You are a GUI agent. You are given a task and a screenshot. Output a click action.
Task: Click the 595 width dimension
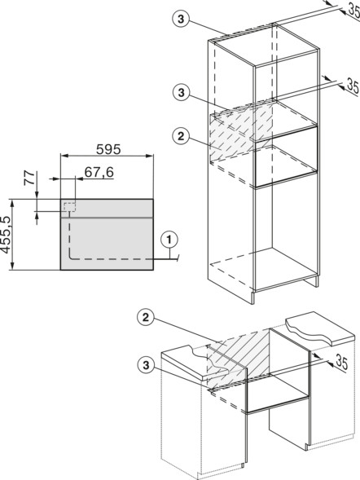[108, 149]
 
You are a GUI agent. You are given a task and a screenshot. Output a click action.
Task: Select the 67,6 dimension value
[99, 172]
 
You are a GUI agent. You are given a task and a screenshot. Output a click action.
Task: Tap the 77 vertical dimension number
[29, 178]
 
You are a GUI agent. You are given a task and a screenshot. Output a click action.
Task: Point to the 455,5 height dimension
[6, 234]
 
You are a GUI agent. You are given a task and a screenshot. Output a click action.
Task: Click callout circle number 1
[169, 240]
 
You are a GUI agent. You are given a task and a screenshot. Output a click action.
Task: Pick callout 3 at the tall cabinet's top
[181, 20]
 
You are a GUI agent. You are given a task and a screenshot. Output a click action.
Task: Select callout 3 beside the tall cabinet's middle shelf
[181, 92]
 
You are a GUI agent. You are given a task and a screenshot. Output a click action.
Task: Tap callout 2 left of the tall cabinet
[181, 136]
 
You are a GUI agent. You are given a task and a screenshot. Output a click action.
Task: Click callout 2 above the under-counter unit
[146, 318]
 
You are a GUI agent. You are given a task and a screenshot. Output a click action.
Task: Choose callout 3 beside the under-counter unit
[146, 365]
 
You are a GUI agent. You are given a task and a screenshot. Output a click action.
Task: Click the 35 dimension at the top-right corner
[353, 10]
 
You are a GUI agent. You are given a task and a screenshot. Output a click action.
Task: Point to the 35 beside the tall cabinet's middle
[353, 86]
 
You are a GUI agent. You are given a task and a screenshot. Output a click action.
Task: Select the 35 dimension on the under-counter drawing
[341, 362]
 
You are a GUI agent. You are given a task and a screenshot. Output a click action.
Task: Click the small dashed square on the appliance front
[69, 207]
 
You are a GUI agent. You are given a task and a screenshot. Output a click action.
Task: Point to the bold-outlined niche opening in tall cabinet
[286, 156]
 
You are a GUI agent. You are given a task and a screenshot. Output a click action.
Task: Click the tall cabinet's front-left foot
[252, 297]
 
